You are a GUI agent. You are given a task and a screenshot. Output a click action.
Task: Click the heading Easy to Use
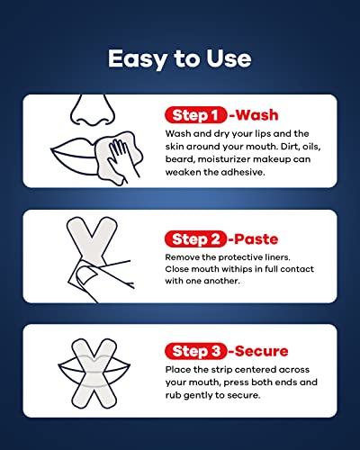coord(180,58)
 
